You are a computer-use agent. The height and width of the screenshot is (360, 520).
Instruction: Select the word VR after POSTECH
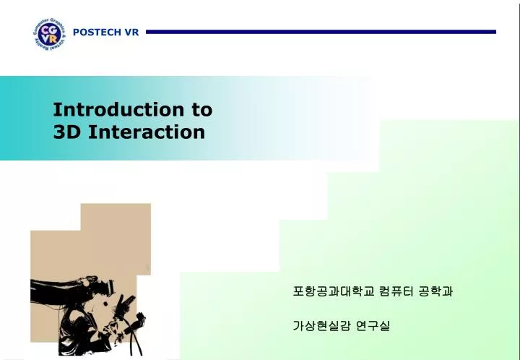[131, 33]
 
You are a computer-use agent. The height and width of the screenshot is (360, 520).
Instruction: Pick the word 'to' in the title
[201, 110]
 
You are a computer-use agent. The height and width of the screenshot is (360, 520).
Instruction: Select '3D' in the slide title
[66, 132]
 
